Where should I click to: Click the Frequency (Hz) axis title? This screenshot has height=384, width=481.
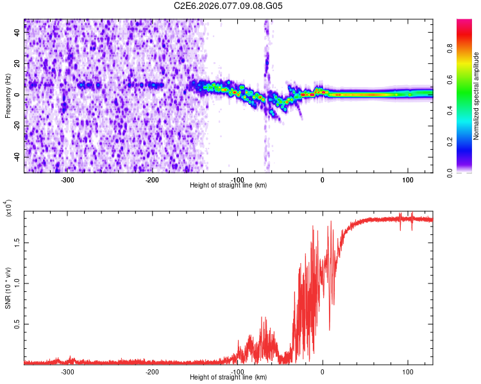pyautogui.click(x=8, y=95)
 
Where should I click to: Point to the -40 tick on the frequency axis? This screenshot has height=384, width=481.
pyautogui.click(x=16, y=157)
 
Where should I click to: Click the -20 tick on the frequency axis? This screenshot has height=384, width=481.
pyautogui.click(x=16, y=126)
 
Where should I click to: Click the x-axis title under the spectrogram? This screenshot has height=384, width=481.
pyautogui.click(x=228, y=185)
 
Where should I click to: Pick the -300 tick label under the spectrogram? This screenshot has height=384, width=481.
pyautogui.click(x=67, y=180)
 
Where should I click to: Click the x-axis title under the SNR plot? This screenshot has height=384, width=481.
pyautogui.click(x=228, y=378)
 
